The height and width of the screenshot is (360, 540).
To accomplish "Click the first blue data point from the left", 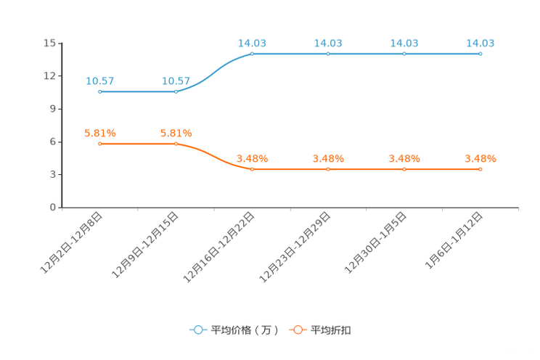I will click(99, 91).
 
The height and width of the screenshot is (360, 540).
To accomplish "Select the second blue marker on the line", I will click(176, 91).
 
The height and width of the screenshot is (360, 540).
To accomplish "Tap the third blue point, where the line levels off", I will click(252, 54).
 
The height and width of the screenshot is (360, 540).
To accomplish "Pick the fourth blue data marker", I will click(328, 54).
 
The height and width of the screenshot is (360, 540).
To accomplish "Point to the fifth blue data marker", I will click(404, 54).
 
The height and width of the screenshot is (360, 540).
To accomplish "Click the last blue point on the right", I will click(480, 54).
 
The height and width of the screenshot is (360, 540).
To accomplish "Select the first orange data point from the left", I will click(99, 144).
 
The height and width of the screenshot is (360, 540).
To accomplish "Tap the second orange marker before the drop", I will click(176, 144).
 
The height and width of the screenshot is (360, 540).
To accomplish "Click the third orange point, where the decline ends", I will click(252, 168).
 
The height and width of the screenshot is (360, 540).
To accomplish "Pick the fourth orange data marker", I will click(328, 168).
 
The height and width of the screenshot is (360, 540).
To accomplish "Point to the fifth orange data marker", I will click(404, 168).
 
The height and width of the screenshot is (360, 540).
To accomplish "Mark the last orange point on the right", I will click(480, 168).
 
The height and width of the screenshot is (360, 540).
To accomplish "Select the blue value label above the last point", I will click(480, 42).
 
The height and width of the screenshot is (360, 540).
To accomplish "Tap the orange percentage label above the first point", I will click(100, 132).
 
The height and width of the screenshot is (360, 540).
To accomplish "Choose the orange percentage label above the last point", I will click(480, 157).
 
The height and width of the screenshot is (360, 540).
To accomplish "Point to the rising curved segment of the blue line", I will click(215, 70).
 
